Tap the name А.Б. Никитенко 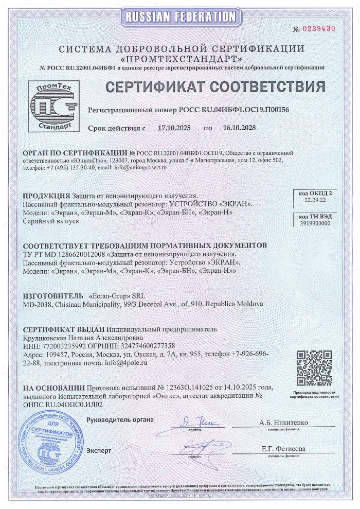(284, 423)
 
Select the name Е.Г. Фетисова (283, 449)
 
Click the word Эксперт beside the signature (99, 450)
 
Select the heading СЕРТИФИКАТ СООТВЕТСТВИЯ (215, 86)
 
